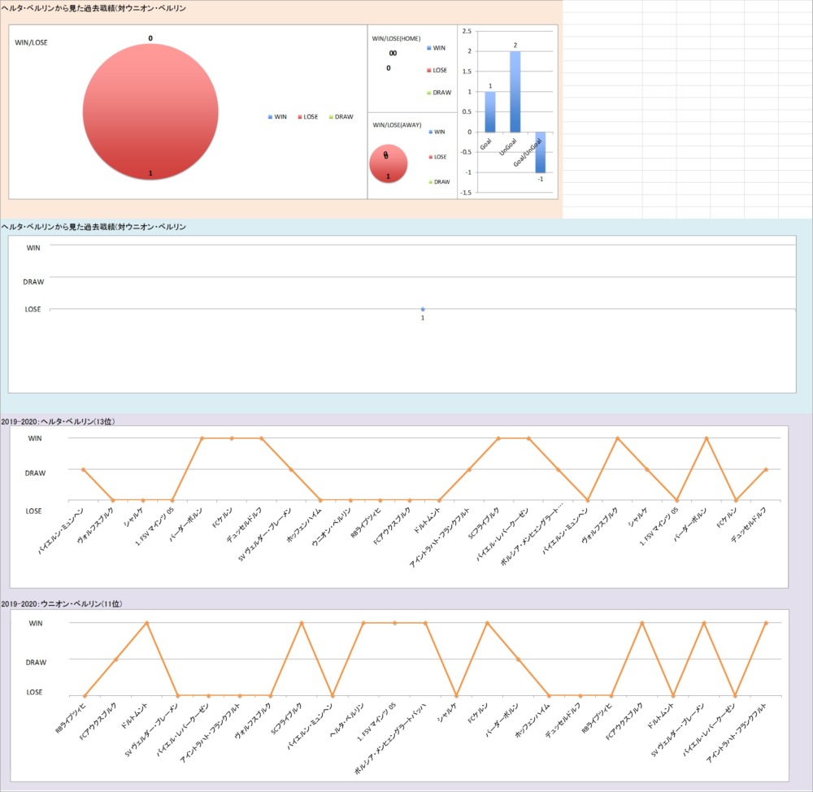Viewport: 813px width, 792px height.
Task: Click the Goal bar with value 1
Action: coord(490,111)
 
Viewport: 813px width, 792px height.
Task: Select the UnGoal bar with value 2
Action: coord(515,91)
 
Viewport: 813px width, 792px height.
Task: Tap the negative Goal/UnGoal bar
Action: coord(540,152)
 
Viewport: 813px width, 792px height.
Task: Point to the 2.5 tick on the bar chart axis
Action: coord(466,31)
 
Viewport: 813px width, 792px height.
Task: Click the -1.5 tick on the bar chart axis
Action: coord(465,193)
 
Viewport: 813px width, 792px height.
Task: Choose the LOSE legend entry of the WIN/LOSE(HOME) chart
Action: coord(441,70)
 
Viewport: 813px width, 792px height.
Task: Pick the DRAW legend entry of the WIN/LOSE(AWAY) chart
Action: coord(441,182)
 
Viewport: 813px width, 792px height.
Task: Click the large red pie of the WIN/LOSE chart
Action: coord(150,107)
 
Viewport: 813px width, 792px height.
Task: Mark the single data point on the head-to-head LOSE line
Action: coord(423,309)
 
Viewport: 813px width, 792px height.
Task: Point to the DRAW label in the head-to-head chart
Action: coord(33,281)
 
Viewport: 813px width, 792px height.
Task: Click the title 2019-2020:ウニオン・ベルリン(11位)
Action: coord(62,604)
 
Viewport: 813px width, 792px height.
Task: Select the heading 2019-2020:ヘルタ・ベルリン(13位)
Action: coord(59,421)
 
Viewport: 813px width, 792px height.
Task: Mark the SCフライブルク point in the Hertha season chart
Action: coord(498,438)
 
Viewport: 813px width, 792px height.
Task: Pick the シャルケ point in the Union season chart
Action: coord(456,696)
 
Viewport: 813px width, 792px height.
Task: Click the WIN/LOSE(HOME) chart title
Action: coord(396,38)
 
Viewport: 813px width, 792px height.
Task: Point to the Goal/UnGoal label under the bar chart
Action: coord(529,154)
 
